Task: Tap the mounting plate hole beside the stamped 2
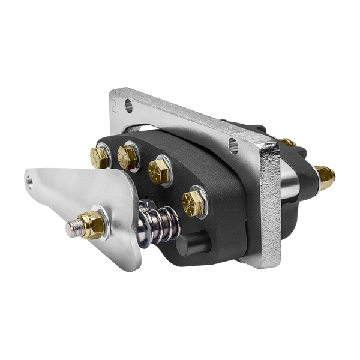coord(128,107)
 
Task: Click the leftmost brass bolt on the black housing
coord(100,157)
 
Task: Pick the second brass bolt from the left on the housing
coord(127,158)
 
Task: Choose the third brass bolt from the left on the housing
coord(159,171)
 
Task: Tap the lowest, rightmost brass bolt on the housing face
coord(193,203)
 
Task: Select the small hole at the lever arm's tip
coord(31,182)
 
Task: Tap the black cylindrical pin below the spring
coord(191,245)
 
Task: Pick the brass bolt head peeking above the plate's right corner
coord(287,142)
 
